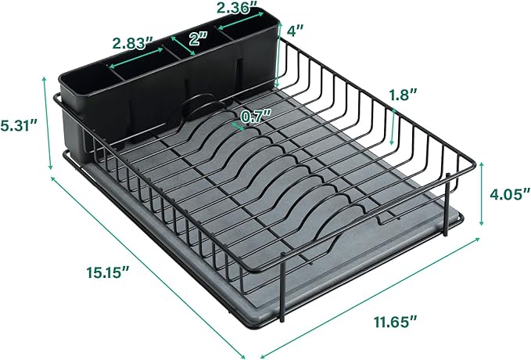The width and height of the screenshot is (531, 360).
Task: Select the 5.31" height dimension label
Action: tap(19, 124)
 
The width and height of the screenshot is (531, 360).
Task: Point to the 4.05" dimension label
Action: tap(505, 193)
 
